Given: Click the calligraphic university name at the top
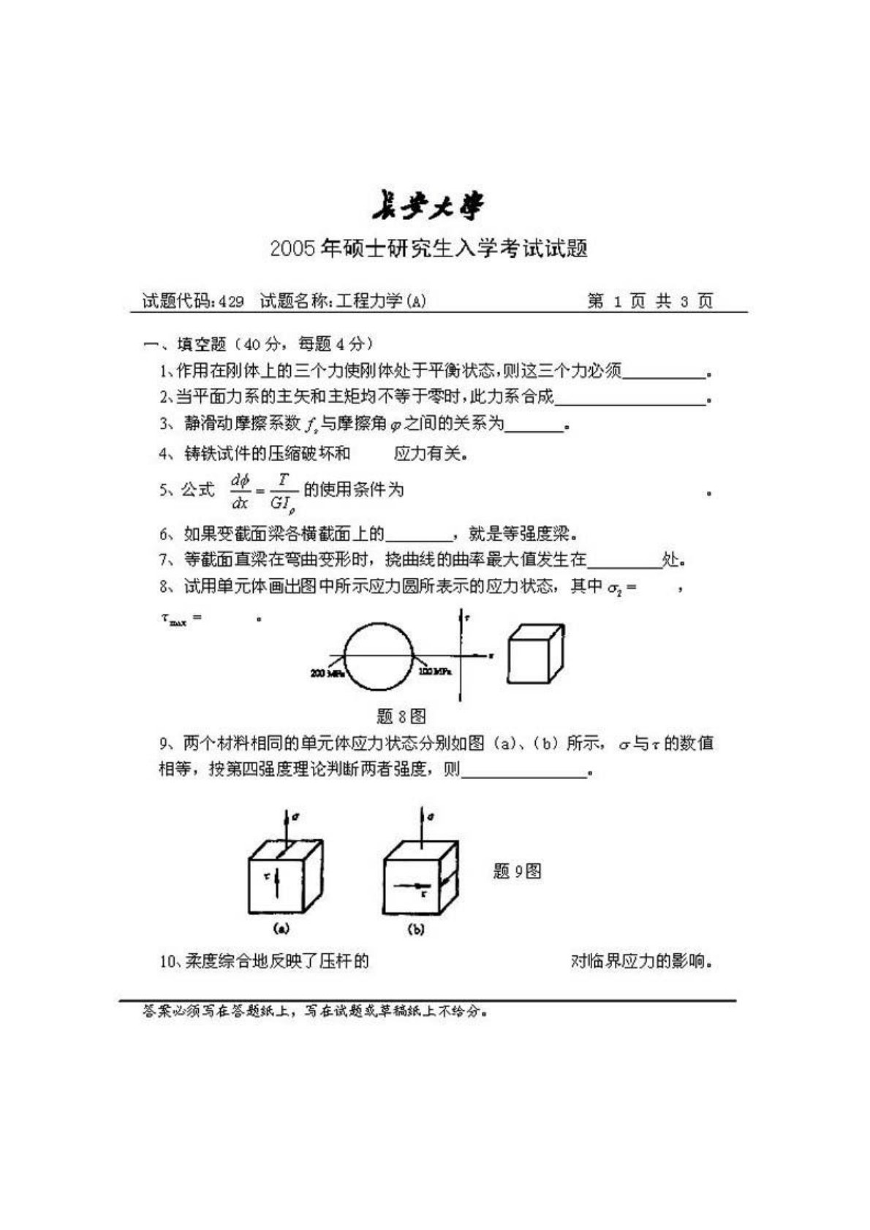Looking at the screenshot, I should pos(428,207).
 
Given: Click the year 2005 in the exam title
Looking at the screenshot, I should pos(292,249).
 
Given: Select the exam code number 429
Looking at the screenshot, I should pos(230,301).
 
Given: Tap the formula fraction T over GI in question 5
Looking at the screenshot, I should pos(283,490).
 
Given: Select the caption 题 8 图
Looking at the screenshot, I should pos(401,715).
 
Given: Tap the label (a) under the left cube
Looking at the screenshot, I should pos(281,929).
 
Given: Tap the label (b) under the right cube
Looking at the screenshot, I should pos(416,930).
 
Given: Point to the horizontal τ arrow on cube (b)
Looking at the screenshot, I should pos(409,887).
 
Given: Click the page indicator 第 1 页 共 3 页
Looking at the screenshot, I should pos(650,301).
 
